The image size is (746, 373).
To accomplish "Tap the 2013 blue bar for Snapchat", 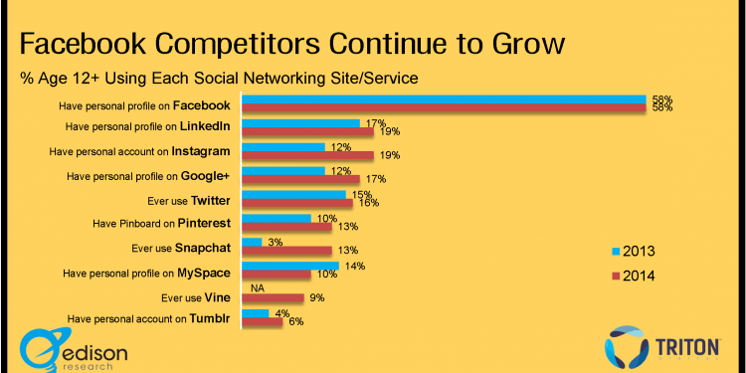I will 252,242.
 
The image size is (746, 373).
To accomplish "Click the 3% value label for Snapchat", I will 275,242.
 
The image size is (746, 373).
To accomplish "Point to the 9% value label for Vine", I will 317,297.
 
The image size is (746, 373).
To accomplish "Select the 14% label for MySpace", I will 354,266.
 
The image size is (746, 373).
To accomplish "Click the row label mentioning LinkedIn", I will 147,126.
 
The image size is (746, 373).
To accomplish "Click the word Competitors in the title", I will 273,45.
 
